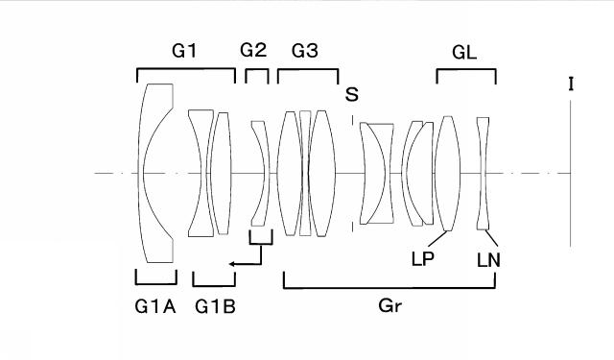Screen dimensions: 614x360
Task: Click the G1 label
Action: [184, 51]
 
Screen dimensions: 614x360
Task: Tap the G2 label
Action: [253, 50]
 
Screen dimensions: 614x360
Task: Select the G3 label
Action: [305, 51]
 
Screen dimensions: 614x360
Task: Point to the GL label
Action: [464, 52]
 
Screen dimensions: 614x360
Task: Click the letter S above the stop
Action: [352, 94]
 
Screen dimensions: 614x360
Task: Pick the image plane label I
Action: [571, 84]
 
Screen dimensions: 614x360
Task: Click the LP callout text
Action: [423, 258]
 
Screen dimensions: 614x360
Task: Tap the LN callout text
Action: [488, 260]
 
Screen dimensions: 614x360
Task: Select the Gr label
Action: [390, 305]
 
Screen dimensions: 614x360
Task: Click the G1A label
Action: [155, 307]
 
